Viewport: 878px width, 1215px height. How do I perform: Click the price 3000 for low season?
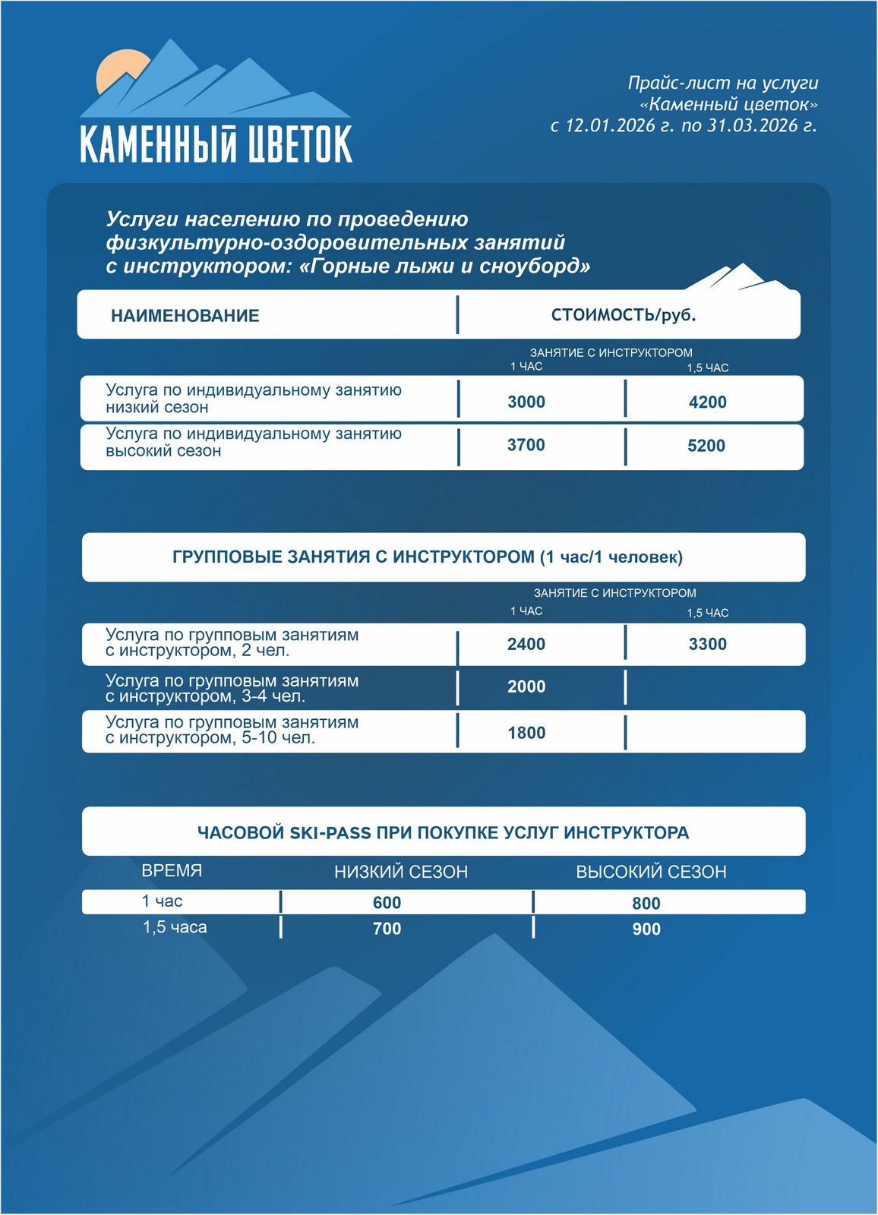click(x=526, y=402)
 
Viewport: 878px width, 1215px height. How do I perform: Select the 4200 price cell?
click(x=707, y=402)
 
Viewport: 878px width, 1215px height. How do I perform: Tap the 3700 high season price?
click(x=526, y=445)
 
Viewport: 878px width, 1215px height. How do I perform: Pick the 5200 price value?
click(x=706, y=446)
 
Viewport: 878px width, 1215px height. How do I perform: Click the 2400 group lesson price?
click(x=526, y=644)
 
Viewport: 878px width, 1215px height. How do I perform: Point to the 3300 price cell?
click(x=707, y=644)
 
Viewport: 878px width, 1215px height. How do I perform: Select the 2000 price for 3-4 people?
click(x=526, y=686)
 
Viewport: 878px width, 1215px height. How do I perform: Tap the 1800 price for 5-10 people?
click(x=526, y=733)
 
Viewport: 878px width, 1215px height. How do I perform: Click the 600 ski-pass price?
click(x=387, y=902)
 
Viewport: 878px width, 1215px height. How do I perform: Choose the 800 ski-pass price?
click(x=646, y=903)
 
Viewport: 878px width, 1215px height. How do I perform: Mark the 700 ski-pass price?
click(x=387, y=928)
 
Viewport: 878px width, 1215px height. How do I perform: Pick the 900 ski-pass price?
click(x=646, y=929)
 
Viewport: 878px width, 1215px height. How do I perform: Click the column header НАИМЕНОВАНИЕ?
click(x=185, y=316)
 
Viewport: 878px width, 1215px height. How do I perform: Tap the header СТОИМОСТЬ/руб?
click(x=624, y=315)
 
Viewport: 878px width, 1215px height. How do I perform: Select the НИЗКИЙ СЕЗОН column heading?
click(x=401, y=872)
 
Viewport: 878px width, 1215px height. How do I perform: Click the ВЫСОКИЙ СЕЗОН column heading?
click(x=651, y=872)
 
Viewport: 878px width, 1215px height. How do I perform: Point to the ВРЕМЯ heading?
click(x=172, y=870)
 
